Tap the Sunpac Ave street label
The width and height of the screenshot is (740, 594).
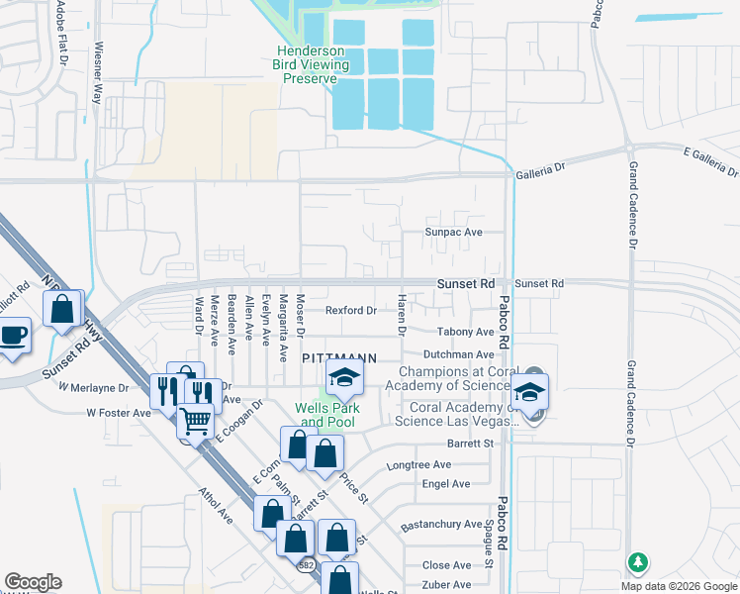(x=453, y=232)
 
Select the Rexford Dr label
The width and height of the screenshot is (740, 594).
(x=352, y=310)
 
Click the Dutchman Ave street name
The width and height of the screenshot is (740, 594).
(x=458, y=354)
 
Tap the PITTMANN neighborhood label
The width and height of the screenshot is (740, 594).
(x=336, y=357)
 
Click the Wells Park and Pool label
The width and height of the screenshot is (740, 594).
(x=327, y=415)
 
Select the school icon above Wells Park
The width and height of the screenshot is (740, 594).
(x=344, y=377)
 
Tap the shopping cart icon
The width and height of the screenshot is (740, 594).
(x=195, y=422)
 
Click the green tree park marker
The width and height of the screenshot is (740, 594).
(x=639, y=562)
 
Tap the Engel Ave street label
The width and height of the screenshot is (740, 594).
(x=446, y=484)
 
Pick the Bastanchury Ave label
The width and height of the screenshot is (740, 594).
(x=440, y=526)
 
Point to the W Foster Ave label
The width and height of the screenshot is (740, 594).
(x=118, y=412)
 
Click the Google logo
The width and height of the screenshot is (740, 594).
(x=33, y=582)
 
